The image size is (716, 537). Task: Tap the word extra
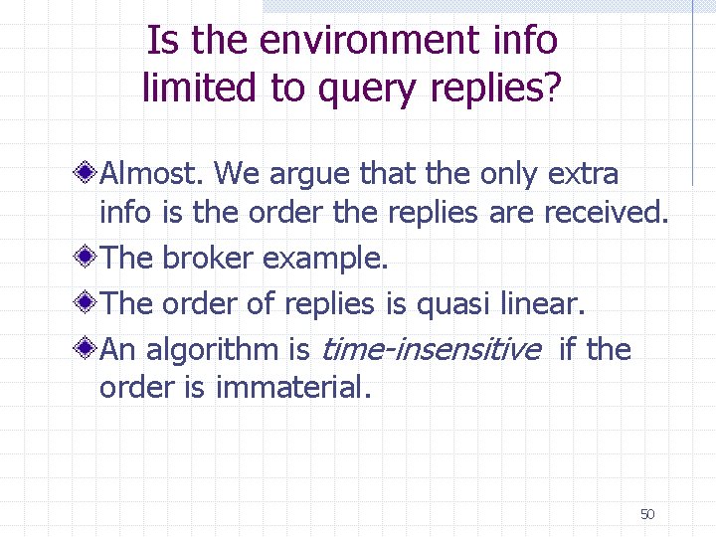coord(582,174)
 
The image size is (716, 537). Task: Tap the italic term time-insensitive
coord(432,349)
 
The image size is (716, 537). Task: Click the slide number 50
coord(646,514)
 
